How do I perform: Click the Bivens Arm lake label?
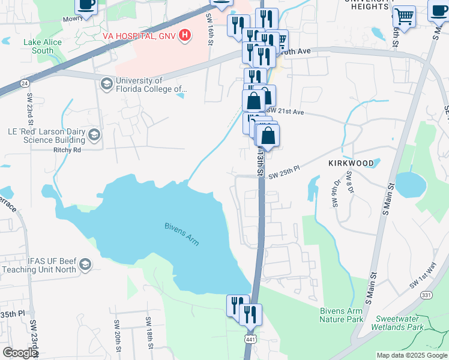pos(181,234)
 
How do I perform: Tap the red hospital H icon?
pos(185,35)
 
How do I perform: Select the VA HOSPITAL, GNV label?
pos(139,36)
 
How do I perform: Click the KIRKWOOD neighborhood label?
pos(351,163)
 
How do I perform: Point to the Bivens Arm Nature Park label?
pos(341,315)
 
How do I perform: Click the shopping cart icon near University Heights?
pos(403,16)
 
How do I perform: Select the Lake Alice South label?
pos(38,46)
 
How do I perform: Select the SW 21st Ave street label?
pos(286,112)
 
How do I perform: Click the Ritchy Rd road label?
pos(67,150)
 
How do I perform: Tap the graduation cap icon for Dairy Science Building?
pos(94,136)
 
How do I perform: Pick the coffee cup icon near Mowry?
pos(86,5)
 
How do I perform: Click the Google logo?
pos(20,353)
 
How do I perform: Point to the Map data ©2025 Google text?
pos(411,355)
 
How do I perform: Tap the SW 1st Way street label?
pos(423,274)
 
